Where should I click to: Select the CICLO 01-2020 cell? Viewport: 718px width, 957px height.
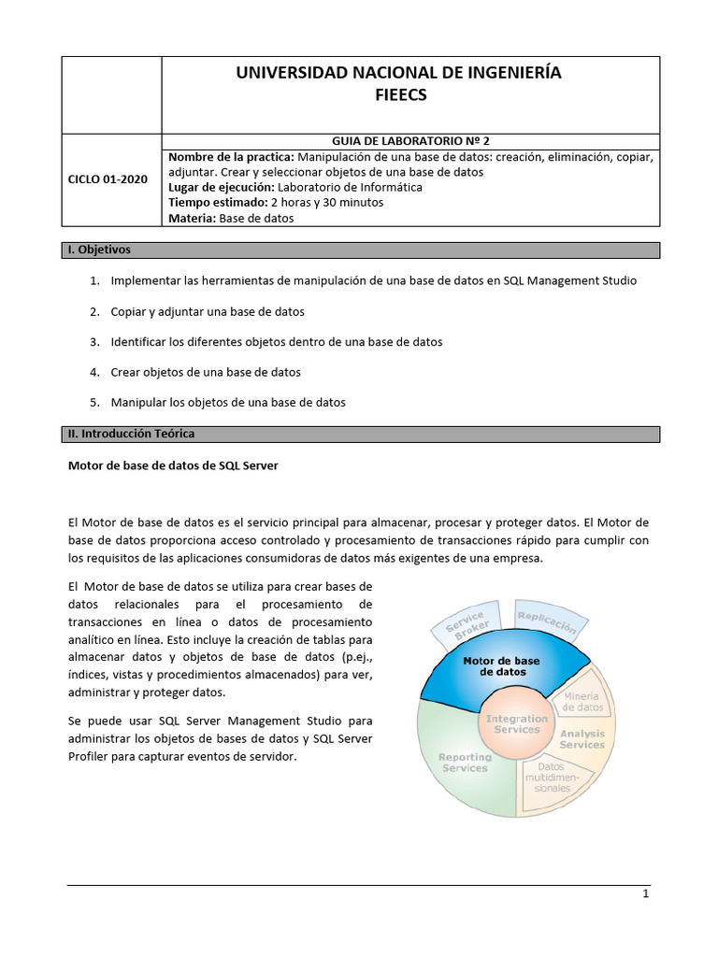pos(108,179)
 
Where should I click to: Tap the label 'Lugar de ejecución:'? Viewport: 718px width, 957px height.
pos(222,187)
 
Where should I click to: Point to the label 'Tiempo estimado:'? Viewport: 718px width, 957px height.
pos(216,203)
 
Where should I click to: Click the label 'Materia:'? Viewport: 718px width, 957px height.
pos(192,219)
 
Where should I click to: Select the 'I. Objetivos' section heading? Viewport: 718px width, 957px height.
pos(98,250)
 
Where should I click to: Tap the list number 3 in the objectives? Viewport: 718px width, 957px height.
pos(94,342)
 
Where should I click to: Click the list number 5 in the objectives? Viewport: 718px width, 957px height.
pos(94,403)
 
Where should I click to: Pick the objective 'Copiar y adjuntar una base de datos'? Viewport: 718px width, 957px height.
pos(208,311)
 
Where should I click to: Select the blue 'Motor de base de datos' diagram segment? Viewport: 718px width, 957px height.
pos(502,666)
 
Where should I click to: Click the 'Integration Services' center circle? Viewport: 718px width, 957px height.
pos(516,723)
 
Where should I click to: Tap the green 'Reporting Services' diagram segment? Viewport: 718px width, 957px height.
pos(464,762)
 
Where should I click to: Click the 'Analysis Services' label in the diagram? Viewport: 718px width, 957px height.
pos(582,739)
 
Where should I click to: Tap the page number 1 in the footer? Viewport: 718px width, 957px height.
pos(645,894)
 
